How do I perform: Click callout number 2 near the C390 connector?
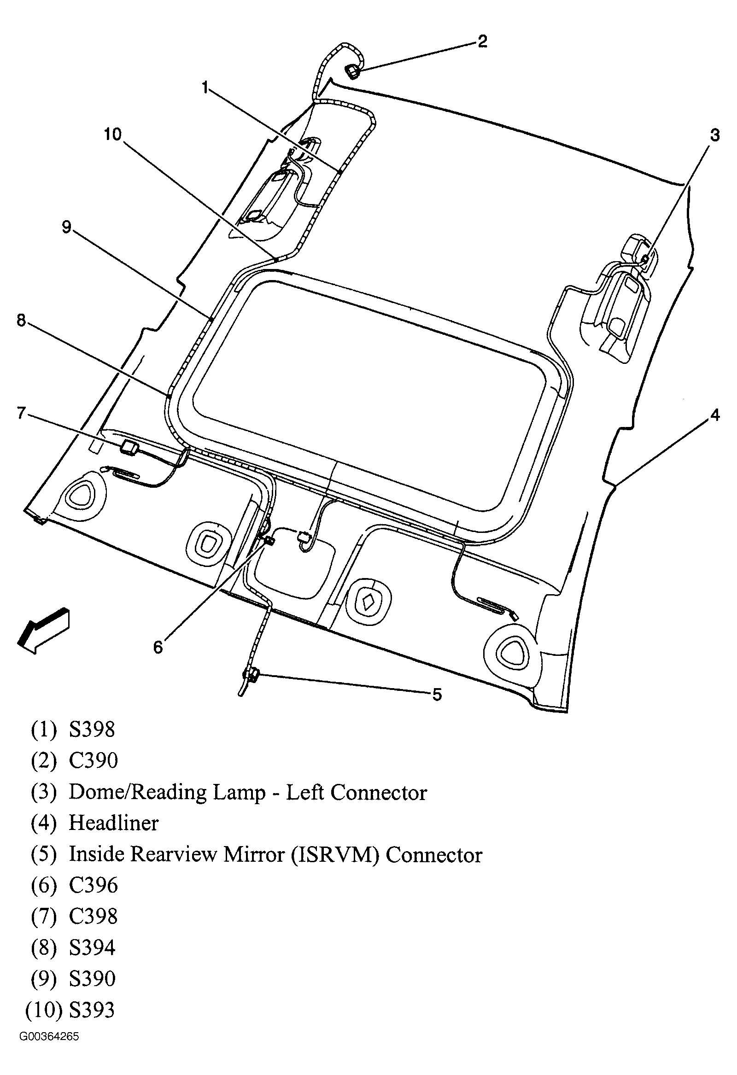click(482, 41)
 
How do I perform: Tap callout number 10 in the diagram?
click(112, 134)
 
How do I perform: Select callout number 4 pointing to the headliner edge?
click(715, 415)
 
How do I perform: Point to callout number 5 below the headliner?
click(437, 694)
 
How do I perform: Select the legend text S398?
click(92, 730)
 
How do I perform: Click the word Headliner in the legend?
click(113, 823)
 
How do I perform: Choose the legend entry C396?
click(93, 885)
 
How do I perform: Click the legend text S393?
click(92, 1009)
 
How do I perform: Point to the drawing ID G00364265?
click(48, 1037)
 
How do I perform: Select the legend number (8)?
click(43, 947)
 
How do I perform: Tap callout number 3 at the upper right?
click(715, 135)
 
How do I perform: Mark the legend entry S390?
click(92, 978)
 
